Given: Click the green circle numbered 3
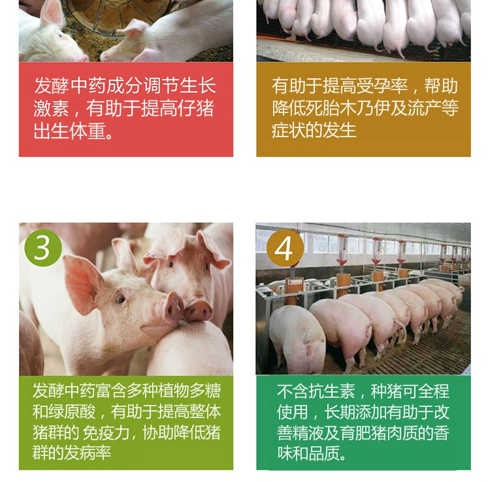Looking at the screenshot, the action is [x=43, y=248].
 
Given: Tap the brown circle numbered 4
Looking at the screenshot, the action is [x=285, y=248].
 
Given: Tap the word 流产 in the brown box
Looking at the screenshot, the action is [x=424, y=108].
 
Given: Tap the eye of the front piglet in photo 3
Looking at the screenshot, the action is [x=121, y=299].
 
